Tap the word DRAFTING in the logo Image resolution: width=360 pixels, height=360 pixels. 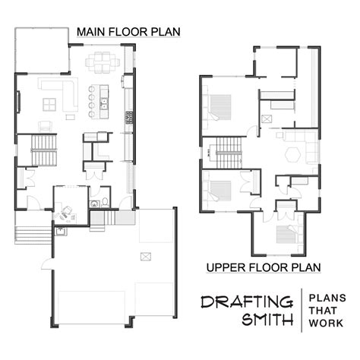tap(246, 302)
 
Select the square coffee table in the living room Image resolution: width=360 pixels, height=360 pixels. tap(50, 104)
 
